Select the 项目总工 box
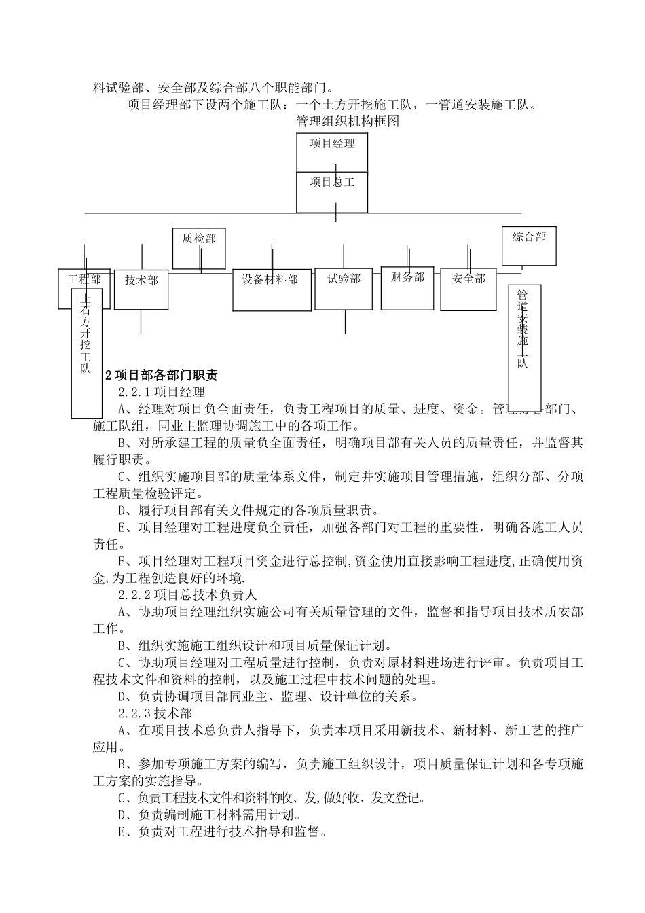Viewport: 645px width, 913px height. pyautogui.click(x=332, y=191)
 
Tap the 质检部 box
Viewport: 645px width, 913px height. pyautogui.click(x=199, y=248)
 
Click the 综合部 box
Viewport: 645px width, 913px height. pyautogui.click(x=529, y=245)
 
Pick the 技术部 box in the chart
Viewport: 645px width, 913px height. pyautogui.click(x=141, y=288)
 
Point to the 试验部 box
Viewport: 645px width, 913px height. pyautogui.click(x=344, y=288)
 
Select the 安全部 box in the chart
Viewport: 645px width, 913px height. pyautogui.click(x=468, y=288)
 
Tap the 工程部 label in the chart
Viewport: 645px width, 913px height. pyautogui.click(x=84, y=279)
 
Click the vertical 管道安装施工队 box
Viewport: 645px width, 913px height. pyautogui.click(x=524, y=346)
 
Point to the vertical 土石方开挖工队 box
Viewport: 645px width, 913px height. pyautogui.click(x=86, y=353)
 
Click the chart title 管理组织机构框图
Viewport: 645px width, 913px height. pyautogui.click(x=347, y=122)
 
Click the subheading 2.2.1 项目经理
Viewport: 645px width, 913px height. pyautogui.click(x=161, y=392)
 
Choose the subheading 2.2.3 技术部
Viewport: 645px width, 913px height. pyautogui.click(x=155, y=713)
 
